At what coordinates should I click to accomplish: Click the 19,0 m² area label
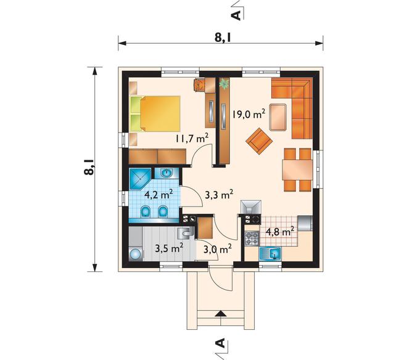pyautogui.click(x=249, y=113)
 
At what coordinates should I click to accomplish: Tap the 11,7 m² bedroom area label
pyautogui.click(x=192, y=138)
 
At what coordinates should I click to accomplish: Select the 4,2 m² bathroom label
pyautogui.click(x=158, y=194)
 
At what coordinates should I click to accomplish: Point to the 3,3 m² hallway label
pyautogui.click(x=219, y=194)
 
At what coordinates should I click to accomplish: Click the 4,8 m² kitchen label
pyautogui.click(x=280, y=231)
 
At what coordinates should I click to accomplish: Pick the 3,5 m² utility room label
pyautogui.click(x=169, y=248)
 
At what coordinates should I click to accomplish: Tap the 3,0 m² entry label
pyautogui.click(x=218, y=250)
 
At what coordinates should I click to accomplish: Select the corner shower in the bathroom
pyautogui.click(x=140, y=179)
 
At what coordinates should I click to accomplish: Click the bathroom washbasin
pyautogui.click(x=166, y=173)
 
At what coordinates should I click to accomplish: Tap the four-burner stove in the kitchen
pyautogui.click(x=252, y=239)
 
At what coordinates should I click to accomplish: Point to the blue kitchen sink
pyautogui.click(x=270, y=253)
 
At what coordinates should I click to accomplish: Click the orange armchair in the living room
pyautogui.click(x=259, y=141)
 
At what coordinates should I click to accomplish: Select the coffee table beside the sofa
pyautogui.click(x=278, y=117)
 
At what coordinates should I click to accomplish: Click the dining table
pyautogui.click(x=297, y=170)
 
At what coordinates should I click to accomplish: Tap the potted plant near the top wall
pyautogui.click(x=224, y=84)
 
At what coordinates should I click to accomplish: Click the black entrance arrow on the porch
pyautogui.click(x=220, y=313)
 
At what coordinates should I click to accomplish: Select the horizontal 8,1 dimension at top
pyautogui.click(x=221, y=43)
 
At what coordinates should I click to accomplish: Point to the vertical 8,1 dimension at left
pyautogui.click(x=95, y=170)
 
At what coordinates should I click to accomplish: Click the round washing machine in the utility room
pyautogui.click(x=135, y=253)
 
